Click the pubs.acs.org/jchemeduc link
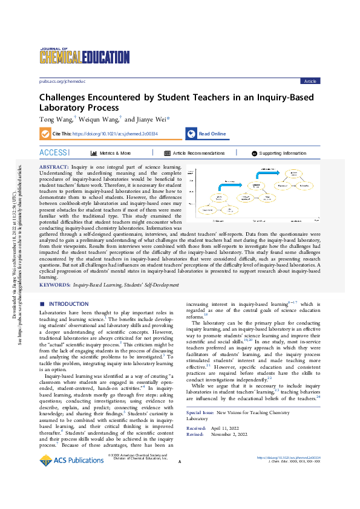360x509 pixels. (62, 80)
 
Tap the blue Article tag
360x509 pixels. (310, 81)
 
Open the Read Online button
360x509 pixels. (212, 134)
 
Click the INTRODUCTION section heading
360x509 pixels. (68, 303)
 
